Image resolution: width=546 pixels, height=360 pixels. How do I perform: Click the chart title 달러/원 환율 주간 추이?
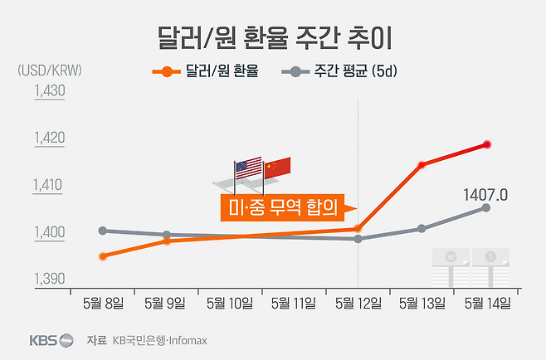point(273,37)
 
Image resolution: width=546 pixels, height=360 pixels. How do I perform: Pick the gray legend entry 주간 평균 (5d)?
point(341,72)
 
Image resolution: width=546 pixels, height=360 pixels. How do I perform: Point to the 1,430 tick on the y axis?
point(49,91)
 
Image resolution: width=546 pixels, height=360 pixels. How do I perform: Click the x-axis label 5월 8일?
point(101,304)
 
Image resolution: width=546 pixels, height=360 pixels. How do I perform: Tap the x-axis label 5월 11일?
point(294,304)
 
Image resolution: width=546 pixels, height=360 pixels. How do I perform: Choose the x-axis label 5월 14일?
point(486,304)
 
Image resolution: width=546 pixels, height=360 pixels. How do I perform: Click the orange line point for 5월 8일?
point(102,256)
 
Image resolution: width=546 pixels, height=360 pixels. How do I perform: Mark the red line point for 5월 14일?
point(486,145)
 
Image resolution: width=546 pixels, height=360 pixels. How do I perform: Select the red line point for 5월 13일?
point(422,165)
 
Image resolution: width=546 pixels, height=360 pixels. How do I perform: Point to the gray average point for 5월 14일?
point(486,207)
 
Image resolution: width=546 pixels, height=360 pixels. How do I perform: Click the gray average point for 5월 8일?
point(102,231)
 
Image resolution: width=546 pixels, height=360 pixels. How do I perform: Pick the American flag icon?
point(248,169)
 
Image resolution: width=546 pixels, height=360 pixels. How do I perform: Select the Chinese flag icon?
point(275,168)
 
